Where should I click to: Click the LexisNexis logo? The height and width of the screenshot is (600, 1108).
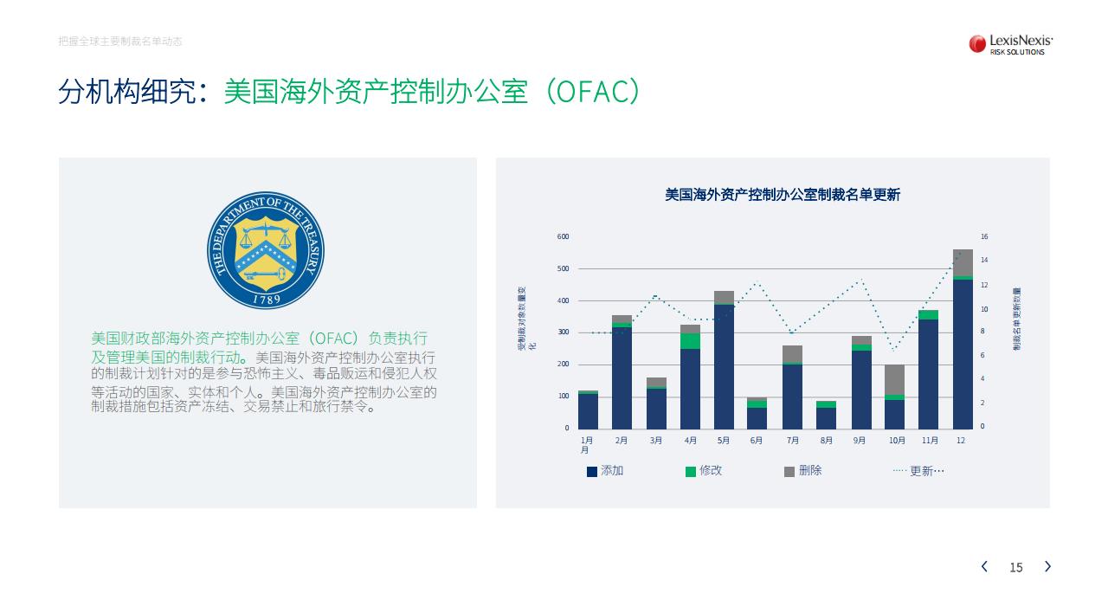click(1010, 44)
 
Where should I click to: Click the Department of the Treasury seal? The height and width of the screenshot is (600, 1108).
click(266, 250)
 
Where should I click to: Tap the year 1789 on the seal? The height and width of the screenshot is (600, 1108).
click(267, 299)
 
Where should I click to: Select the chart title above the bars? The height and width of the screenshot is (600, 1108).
click(782, 195)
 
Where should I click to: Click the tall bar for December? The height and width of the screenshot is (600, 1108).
click(963, 339)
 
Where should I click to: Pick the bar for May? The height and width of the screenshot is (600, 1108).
click(724, 360)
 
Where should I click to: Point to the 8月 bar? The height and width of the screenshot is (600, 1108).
click(826, 415)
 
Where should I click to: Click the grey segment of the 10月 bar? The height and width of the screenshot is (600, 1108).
click(894, 380)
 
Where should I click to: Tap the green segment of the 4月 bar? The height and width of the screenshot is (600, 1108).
click(690, 341)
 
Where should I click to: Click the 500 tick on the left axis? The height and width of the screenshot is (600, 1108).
click(563, 268)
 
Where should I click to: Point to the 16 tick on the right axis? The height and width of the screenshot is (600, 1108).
click(984, 236)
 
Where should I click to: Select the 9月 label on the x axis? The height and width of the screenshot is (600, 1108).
click(860, 440)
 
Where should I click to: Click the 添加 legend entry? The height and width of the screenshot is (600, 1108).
click(605, 471)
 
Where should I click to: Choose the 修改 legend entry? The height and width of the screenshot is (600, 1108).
click(704, 471)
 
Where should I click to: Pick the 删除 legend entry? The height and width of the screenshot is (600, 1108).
click(802, 471)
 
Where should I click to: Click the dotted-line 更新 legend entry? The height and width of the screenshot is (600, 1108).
click(918, 471)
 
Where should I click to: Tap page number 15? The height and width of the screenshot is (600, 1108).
click(1016, 567)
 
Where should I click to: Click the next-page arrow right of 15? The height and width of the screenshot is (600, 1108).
click(1047, 566)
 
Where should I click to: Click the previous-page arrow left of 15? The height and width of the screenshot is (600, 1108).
click(984, 566)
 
